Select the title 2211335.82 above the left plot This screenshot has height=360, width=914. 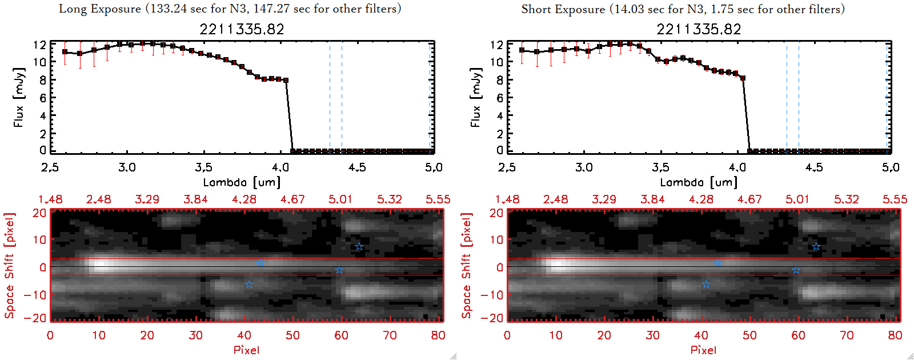(242, 29)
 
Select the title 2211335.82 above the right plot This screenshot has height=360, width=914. (699, 29)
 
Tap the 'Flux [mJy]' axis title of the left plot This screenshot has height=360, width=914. (19, 97)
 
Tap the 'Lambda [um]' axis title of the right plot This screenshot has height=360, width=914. (699, 182)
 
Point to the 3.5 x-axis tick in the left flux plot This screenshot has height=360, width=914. (203, 167)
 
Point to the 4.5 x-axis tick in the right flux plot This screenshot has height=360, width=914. (814, 167)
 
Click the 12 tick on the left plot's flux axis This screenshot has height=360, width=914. (39, 45)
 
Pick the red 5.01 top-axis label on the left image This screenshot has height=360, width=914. (340, 199)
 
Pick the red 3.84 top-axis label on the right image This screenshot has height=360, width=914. (652, 199)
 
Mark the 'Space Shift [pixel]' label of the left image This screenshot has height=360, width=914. (10, 266)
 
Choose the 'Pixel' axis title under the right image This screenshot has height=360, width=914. (703, 350)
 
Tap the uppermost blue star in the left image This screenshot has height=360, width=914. (359, 247)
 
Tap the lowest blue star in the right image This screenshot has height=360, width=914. (706, 285)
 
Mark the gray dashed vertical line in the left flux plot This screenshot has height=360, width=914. (330, 97)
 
